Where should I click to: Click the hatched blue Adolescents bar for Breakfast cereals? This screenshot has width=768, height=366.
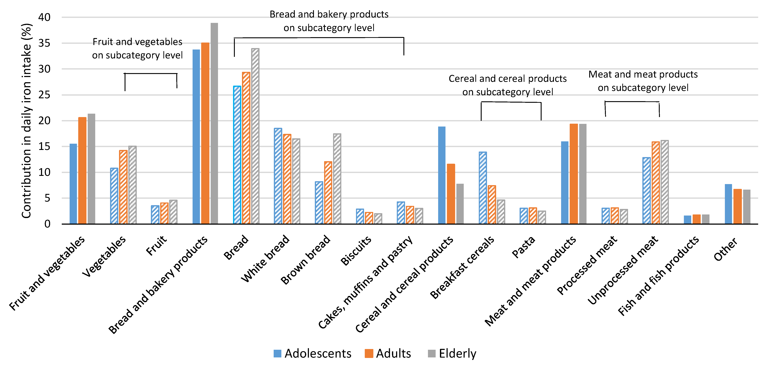[483, 188]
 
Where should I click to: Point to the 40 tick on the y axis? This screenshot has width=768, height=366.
[44, 17]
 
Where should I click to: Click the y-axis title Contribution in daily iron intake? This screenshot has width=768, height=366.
[26, 121]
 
